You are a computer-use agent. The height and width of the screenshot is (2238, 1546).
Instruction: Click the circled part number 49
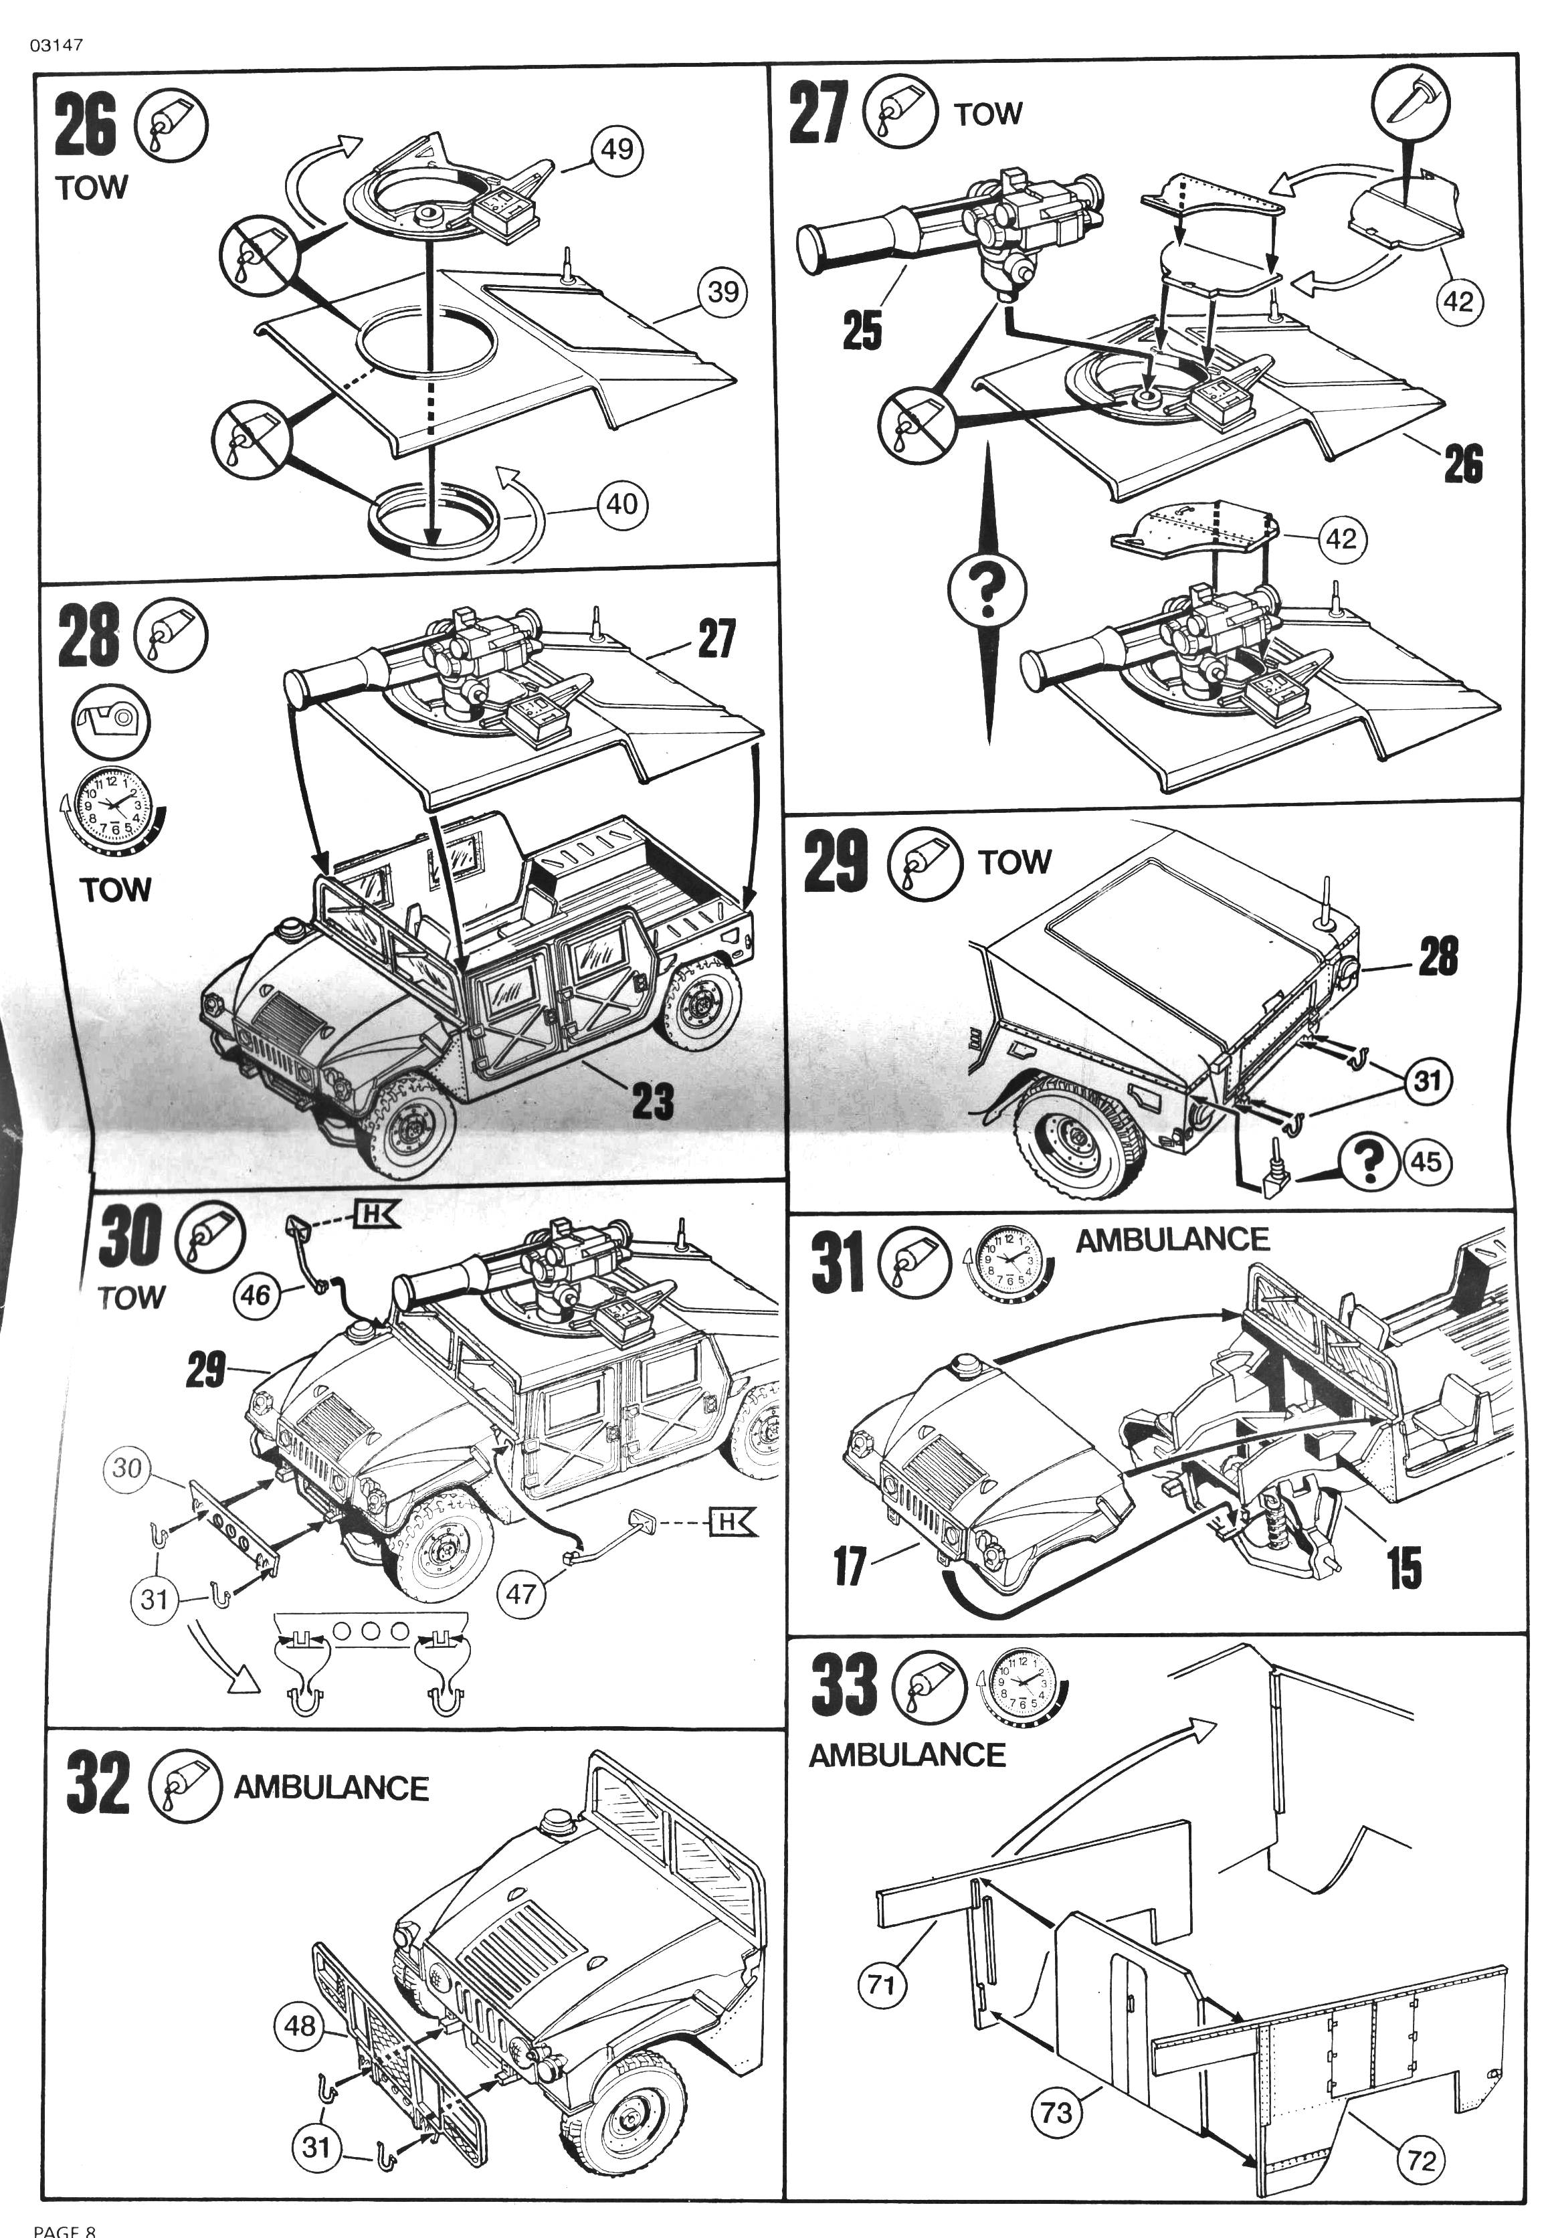pyautogui.click(x=617, y=149)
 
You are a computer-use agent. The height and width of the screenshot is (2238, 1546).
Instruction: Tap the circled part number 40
pyautogui.click(x=622, y=504)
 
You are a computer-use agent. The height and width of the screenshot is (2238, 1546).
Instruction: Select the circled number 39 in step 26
pyautogui.click(x=724, y=292)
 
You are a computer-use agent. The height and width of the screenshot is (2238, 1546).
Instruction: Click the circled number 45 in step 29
pyautogui.click(x=1426, y=1161)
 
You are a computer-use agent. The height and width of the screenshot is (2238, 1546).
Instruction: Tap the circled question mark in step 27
pyautogui.click(x=987, y=590)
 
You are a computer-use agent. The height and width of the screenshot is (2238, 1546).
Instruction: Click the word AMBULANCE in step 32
pyautogui.click(x=331, y=1788)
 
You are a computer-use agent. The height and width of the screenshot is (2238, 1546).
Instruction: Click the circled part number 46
pyautogui.click(x=256, y=1295)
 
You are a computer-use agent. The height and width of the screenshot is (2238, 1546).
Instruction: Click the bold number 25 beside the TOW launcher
pyautogui.click(x=862, y=331)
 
